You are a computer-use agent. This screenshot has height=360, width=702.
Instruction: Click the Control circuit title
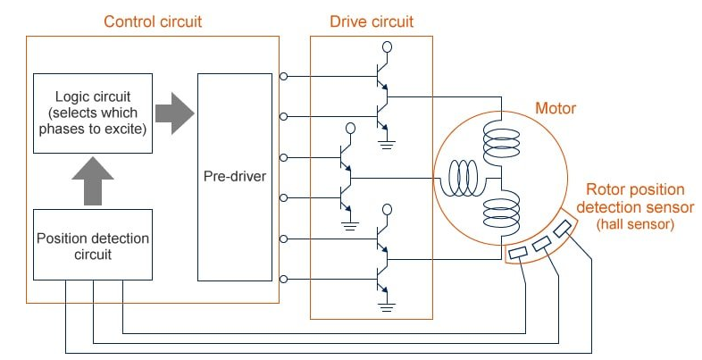tap(153, 21)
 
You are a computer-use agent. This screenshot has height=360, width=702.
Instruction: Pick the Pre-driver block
tap(235, 176)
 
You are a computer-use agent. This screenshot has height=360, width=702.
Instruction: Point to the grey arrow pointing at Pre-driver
tap(174, 113)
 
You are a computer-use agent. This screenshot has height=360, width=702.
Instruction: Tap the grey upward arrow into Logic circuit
tap(92, 181)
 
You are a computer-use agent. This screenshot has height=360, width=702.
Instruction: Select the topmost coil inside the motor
tap(500, 142)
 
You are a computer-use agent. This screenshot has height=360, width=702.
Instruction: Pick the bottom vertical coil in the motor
tap(500, 214)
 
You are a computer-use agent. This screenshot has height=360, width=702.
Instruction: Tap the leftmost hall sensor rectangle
tap(519, 254)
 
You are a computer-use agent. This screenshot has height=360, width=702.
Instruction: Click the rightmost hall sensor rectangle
tap(563, 230)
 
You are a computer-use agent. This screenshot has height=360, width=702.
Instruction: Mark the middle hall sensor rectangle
tap(542, 244)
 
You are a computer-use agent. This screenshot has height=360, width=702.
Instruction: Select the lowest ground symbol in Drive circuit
tap(386, 306)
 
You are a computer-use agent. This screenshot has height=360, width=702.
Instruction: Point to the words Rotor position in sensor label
tap(635, 189)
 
